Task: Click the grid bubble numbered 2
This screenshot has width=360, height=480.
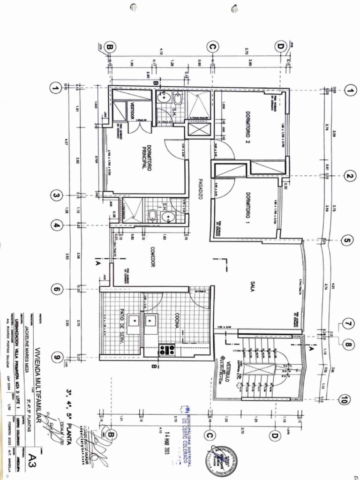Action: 349,176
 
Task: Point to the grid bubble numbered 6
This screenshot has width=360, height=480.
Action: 56,289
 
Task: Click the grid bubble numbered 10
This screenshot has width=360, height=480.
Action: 344,400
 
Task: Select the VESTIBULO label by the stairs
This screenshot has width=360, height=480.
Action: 225,373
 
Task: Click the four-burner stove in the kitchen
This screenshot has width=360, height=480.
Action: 167,349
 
